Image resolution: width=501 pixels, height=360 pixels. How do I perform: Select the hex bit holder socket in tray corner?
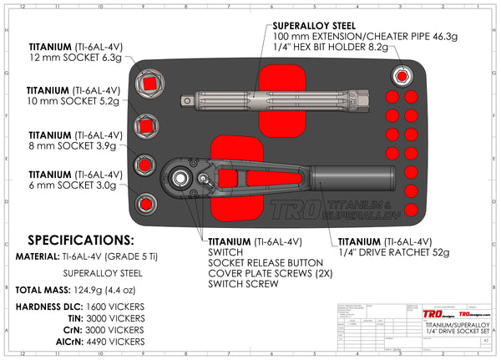pos(402,77)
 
